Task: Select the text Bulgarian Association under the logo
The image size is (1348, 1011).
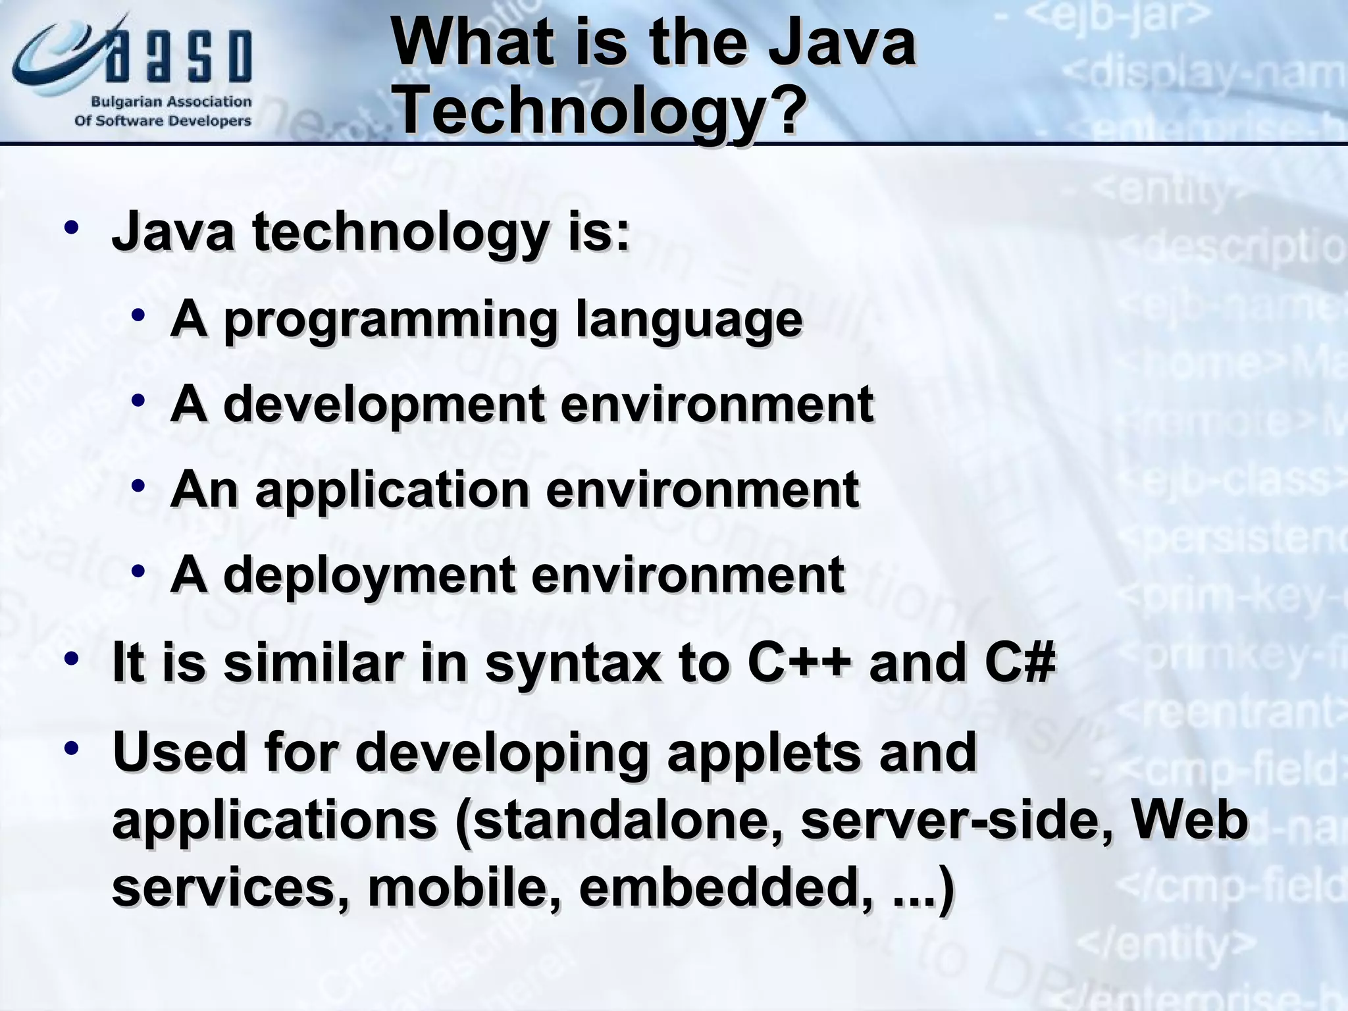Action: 171,102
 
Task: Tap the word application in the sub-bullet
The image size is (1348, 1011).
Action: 392,491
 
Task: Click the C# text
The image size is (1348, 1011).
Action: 1020,662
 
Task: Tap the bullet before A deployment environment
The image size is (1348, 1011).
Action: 138,571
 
